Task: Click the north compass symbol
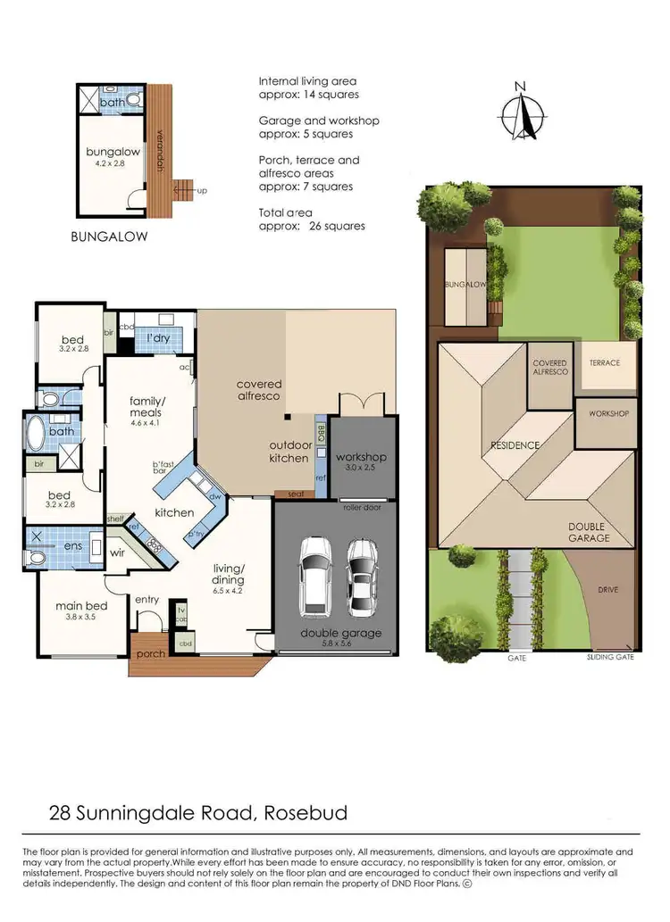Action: coord(522,114)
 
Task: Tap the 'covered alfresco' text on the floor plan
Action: coord(259,389)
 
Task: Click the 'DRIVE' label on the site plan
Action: coord(607,590)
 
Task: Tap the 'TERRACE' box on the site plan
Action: coord(605,363)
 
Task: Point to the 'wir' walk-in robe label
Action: coord(116,553)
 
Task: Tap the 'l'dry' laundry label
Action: coord(158,338)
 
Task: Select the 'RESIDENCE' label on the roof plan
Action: coord(514,444)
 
